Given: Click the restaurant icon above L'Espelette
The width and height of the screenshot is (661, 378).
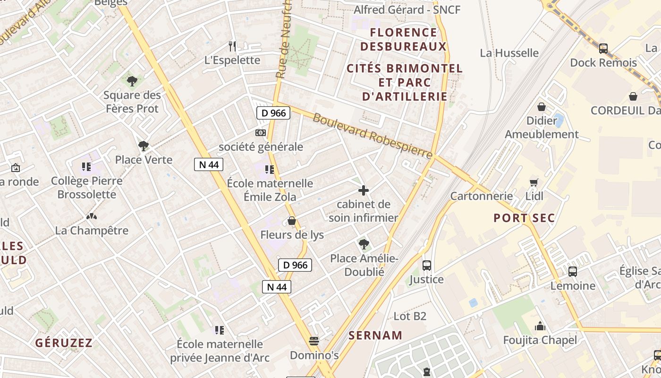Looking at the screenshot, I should pos(232,46).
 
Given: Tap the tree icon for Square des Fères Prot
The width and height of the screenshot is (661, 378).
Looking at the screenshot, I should pos(132,81).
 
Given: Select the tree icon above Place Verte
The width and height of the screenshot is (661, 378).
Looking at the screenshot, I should pos(144,146).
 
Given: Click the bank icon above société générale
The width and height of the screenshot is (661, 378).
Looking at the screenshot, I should pos(261,133).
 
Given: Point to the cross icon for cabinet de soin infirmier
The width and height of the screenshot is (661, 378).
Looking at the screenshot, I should pos(364,190).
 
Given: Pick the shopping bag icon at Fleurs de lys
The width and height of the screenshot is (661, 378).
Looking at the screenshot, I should pos(292,221).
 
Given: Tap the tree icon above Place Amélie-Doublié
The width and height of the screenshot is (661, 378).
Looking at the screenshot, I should pos(364,244).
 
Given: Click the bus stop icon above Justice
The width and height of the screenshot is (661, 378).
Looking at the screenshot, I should pos(427,265).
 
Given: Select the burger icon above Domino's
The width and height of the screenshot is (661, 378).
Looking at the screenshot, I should pos(314,341).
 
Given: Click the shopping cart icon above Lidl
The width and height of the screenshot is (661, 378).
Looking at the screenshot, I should pos(534,182).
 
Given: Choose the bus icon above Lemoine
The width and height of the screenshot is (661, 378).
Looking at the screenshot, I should pos(573,272).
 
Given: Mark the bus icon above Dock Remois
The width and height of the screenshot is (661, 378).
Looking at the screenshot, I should pos(603,48).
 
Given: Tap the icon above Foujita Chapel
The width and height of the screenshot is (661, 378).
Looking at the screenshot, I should pos(540,326).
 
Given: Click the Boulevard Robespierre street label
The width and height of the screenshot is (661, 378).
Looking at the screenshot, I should pos(373,136).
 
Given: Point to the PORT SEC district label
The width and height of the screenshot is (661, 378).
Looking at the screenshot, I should pos(524,218).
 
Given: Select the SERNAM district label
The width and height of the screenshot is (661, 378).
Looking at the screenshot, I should pos(375,335).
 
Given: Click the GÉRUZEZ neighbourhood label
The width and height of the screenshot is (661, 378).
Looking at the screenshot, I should pos(64,343).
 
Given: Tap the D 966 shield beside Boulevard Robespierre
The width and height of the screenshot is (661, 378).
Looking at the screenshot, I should pos(273,113).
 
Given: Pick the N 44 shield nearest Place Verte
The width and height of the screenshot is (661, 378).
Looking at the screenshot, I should pos(208,164).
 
